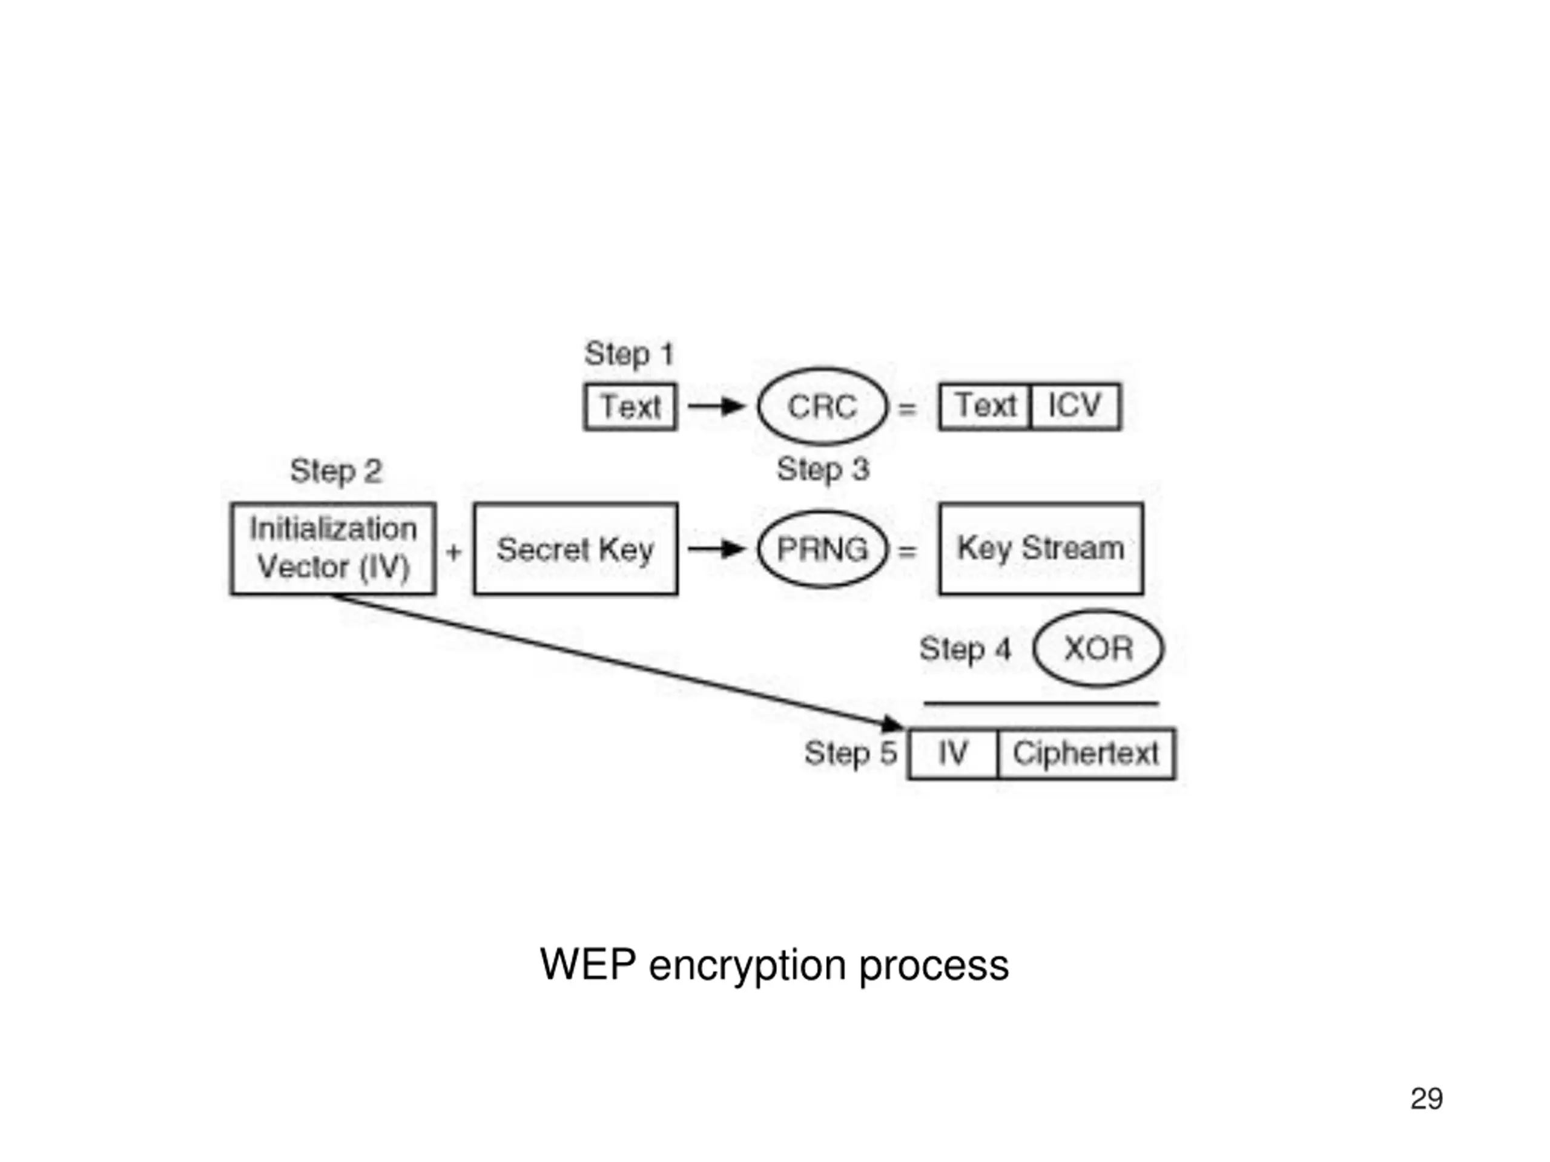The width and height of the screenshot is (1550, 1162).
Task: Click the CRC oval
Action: point(823,406)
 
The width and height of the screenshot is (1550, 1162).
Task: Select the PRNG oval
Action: point(823,548)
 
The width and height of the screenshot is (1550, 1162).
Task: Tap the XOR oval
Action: point(1098,648)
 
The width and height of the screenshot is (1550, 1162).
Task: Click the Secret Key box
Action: point(575,548)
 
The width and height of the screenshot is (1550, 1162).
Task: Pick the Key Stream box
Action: point(1041,548)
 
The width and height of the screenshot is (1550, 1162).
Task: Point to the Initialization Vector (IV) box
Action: point(333,548)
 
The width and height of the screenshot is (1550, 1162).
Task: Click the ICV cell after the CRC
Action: point(1075,406)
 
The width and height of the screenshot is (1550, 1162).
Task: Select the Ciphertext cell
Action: point(1086,754)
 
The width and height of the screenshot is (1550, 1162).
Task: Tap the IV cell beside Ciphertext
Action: point(952,754)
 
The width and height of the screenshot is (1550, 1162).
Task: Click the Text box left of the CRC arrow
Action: point(630,406)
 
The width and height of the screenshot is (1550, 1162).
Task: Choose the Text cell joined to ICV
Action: point(985,406)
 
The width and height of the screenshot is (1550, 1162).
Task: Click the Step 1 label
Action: point(628,353)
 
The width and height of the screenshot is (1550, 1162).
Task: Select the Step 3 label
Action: point(823,468)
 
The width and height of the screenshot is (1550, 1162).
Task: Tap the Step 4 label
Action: point(965,649)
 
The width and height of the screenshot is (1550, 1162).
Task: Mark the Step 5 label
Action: point(851,753)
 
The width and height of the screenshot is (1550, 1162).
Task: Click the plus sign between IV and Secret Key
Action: point(454,551)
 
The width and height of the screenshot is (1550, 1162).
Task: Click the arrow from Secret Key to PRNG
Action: point(716,548)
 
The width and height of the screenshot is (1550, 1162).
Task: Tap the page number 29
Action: point(1426,1098)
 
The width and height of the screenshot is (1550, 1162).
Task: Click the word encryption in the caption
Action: point(748,966)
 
